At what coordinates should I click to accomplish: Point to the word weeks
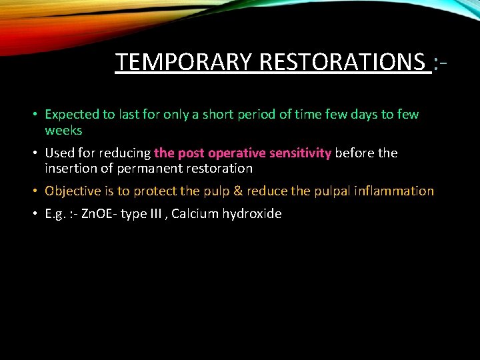(x=63, y=130)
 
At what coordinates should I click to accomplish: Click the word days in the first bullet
(x=361, y=115)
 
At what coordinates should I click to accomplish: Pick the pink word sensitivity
(x=298, y=153)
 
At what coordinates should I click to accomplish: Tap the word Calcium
(x=195, y=214)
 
